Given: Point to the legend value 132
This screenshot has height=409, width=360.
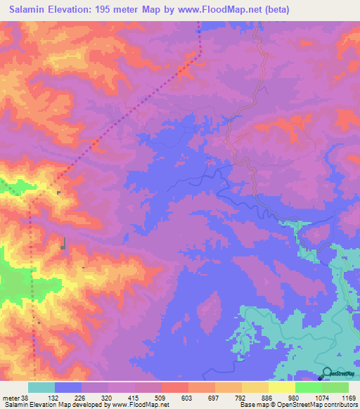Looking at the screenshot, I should (53, 397).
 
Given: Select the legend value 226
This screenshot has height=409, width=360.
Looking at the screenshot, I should (79, 397).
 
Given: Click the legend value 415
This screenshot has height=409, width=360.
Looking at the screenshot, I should (133, 397).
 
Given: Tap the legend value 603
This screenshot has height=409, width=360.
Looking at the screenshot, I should (186, 397).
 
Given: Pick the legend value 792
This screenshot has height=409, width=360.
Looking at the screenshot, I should (239, 397).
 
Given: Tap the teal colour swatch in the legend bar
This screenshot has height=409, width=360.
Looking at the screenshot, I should (41, 387).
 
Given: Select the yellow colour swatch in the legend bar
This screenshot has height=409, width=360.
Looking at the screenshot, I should (281, 387).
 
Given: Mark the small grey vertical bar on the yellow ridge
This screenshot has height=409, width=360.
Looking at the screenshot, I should (64, 243).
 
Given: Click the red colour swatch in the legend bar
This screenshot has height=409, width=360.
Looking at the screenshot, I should (174, 387).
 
